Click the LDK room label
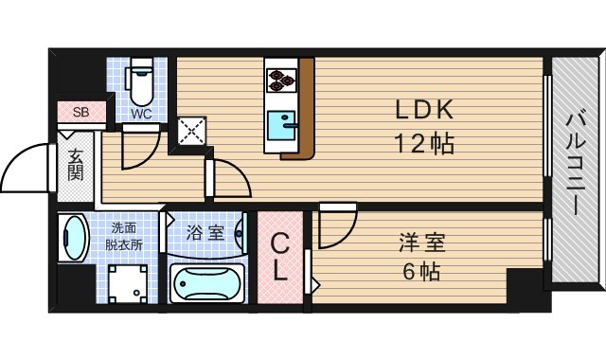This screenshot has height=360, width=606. [x=425, y=111]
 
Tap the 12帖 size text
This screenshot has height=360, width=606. [x=425, y=144]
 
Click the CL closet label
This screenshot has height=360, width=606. [x=280, y=256]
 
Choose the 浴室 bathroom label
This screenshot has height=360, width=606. [x=205, y=233]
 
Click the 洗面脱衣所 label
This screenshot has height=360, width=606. [x=124, y=237]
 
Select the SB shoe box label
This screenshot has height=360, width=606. [x=81, y=112]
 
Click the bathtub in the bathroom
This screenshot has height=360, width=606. [x=206, y=281]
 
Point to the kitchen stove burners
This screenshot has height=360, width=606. [x=281, y=79]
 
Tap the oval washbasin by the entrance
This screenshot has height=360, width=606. [x=73, y=237]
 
